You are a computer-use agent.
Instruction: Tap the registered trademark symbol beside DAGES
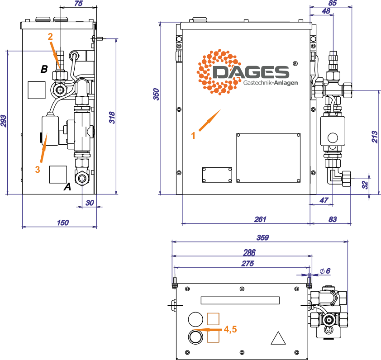tap(295, 64)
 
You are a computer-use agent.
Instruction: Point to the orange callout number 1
tap(193, 135)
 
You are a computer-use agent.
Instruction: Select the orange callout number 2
tap(51, 36)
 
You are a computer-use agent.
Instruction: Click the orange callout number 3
tap(38, 169)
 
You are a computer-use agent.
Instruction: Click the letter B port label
tap(44, 69)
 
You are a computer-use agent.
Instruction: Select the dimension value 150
tap(62, 222)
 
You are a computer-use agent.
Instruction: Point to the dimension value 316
tap(112, 118)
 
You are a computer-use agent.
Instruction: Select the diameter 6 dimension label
tap(325, 270)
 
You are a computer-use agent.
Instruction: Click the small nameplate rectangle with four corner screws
tap(217, 175)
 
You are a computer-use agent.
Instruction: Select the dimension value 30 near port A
tap(90, 203)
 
